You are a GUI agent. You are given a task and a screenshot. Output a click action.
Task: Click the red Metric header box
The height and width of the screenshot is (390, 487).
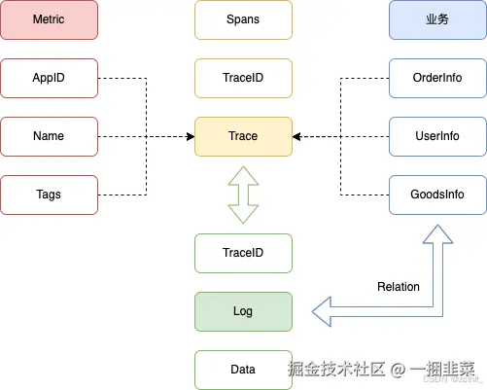click(x=49, y=19)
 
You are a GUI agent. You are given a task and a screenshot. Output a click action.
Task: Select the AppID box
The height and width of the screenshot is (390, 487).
click(x=49, y=78)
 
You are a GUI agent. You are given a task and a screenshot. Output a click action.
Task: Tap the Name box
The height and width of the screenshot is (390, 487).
click(x=49, y=136)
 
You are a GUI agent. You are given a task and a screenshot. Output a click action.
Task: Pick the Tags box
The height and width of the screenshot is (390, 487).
click(x=49, y=195)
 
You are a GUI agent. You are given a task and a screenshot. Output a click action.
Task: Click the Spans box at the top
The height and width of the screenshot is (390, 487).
click(x=243, y=19)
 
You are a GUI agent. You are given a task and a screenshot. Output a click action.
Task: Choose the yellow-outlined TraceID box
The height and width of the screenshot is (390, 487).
click(x=243, y=78)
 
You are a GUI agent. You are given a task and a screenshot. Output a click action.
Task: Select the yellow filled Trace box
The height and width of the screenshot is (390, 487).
click(x=243, y=136)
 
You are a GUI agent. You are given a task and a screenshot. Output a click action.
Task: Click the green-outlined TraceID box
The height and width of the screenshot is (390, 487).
click(x=243, y=253)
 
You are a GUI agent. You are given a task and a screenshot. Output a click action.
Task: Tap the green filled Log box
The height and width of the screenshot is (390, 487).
click(x=243, y=311)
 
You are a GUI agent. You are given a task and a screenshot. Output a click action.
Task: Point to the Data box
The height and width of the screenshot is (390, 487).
click(x=243, y=370)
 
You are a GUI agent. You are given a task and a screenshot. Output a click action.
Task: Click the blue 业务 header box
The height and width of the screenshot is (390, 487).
click(x=436, y=19)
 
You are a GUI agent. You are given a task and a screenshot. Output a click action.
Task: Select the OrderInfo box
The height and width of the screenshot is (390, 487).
click(x=436, y=78)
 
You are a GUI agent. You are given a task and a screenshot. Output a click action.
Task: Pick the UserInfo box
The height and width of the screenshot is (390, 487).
click(x=436, y=136)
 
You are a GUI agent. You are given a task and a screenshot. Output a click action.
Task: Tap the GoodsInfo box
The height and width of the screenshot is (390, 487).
click(x=436, y=195)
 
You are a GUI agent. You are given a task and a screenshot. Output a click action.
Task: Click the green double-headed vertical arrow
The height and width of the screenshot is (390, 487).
click(x=243, y=195)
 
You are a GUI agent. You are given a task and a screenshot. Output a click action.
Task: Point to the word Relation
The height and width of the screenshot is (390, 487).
click(x=398, y=287)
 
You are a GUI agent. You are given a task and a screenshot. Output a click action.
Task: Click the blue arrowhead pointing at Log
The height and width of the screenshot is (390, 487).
click(x=324, y=311)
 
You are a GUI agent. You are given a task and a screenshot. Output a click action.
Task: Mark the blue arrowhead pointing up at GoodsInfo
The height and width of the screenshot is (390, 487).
click(x=436, y=234)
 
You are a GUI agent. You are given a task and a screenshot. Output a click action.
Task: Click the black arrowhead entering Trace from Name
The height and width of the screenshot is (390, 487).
click(x=190, y=136)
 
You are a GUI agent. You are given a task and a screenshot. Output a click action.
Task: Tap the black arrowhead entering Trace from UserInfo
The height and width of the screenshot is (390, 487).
click(x=296, y=136)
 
